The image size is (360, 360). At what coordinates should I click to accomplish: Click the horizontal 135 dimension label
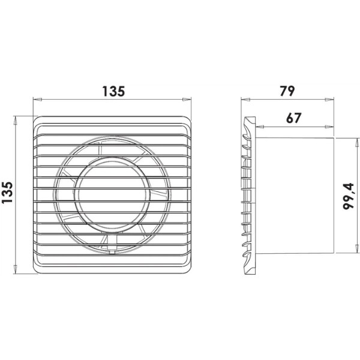tap(113, 91)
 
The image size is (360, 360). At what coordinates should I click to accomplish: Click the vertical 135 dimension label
tap(8, 193)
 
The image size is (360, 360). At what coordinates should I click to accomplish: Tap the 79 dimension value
tap(287, 91)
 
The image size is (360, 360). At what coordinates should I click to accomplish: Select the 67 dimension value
tap(293, 118)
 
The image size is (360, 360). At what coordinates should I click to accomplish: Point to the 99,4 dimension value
tap(348, 196)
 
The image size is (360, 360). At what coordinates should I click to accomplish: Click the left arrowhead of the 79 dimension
tap(245, 100)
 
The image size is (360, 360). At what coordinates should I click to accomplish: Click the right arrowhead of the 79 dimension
tap(329, 100)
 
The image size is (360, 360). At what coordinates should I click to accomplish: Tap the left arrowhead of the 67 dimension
tap(260, 126)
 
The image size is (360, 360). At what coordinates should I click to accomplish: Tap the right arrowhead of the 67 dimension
tap(329, 126)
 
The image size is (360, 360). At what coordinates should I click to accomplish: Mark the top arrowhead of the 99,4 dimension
tap(357, 143)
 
